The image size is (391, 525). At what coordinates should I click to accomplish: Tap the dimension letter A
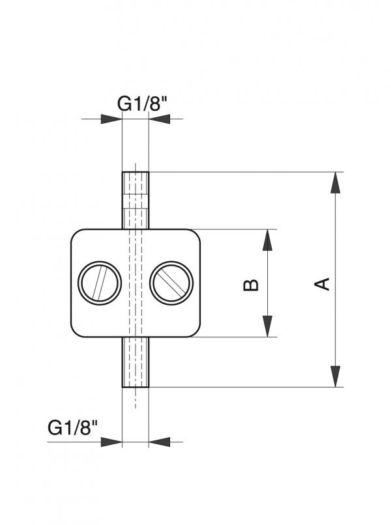tap(322, 283)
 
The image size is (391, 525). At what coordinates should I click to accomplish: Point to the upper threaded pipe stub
tap(136, 200)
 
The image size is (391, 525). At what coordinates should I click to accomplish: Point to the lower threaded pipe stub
tap(136, 362)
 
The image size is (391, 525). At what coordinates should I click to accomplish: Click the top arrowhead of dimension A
tap(335, 182)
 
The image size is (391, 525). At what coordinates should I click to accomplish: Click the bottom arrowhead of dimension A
tap(335, 377)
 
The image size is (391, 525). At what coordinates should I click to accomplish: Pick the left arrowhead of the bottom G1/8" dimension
tap(112, 442)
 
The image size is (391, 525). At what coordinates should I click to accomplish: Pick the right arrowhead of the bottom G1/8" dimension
tap(159, 442)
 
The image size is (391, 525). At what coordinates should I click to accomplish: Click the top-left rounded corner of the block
tap(76, 235)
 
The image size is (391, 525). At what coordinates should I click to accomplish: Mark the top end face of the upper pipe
tap(136, 173)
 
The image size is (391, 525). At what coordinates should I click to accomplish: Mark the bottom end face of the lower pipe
tap(136, 387)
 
